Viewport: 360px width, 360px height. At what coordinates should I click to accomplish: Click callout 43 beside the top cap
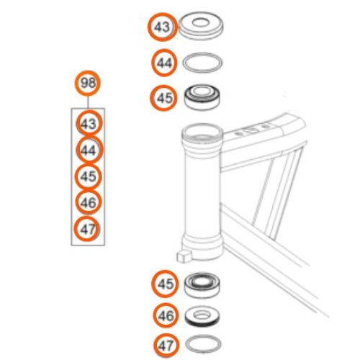tap(163, 27)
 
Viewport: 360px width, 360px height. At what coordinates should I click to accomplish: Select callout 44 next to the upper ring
tap(164, 63)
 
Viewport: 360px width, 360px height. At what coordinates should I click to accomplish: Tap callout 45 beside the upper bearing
tap(163, 98)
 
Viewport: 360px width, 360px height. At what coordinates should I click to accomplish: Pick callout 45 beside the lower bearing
tap(165, 284)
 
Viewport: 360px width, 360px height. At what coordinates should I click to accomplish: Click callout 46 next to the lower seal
tap(166, 315)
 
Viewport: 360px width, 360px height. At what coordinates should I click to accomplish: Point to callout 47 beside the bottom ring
tap(166, 346)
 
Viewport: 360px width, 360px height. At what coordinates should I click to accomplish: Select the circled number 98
tap(88, 83)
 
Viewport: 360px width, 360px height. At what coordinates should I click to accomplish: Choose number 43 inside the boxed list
tap(89, 123)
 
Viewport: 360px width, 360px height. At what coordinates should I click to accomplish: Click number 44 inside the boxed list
tap(89, 150)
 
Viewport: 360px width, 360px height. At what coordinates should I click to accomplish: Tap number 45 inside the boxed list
tap(89, 176)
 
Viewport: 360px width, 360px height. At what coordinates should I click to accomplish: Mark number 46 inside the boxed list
tap(89, 202)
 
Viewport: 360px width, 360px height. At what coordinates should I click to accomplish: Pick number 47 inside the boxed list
tap(87, 229)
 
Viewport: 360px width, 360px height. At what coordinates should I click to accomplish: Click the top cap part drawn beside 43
tap(202, 25)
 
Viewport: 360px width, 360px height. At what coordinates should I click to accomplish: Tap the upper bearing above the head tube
tap(202, 97)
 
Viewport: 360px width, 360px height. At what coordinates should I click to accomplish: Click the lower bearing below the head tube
tap(202, 285)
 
